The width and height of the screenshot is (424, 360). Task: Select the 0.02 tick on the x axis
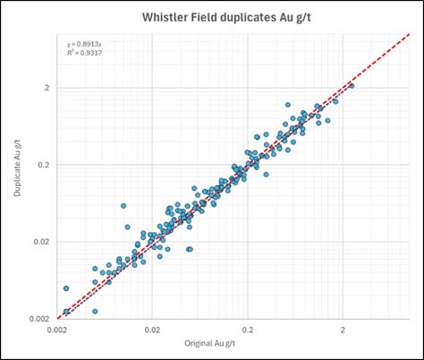pyautogui.click(x=152, y=329)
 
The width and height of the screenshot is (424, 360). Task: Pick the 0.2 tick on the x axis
pyautogui.click(x=248, y=329)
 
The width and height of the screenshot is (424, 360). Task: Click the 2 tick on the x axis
pyautogui.click(x=343, y=329)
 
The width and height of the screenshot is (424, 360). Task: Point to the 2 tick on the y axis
pyautogui.click(x=46, y=88)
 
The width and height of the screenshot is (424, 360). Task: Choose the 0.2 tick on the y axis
pyautogui.click(x=43, y=165)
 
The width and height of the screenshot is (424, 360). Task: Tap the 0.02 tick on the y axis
pyautogui.click(x=41, y=242)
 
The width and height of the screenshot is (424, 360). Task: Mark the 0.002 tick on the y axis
pyautogui.click(x=39, y=319)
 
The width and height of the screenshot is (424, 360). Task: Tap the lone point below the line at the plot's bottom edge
pyautogui.click(x=95, y=312)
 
